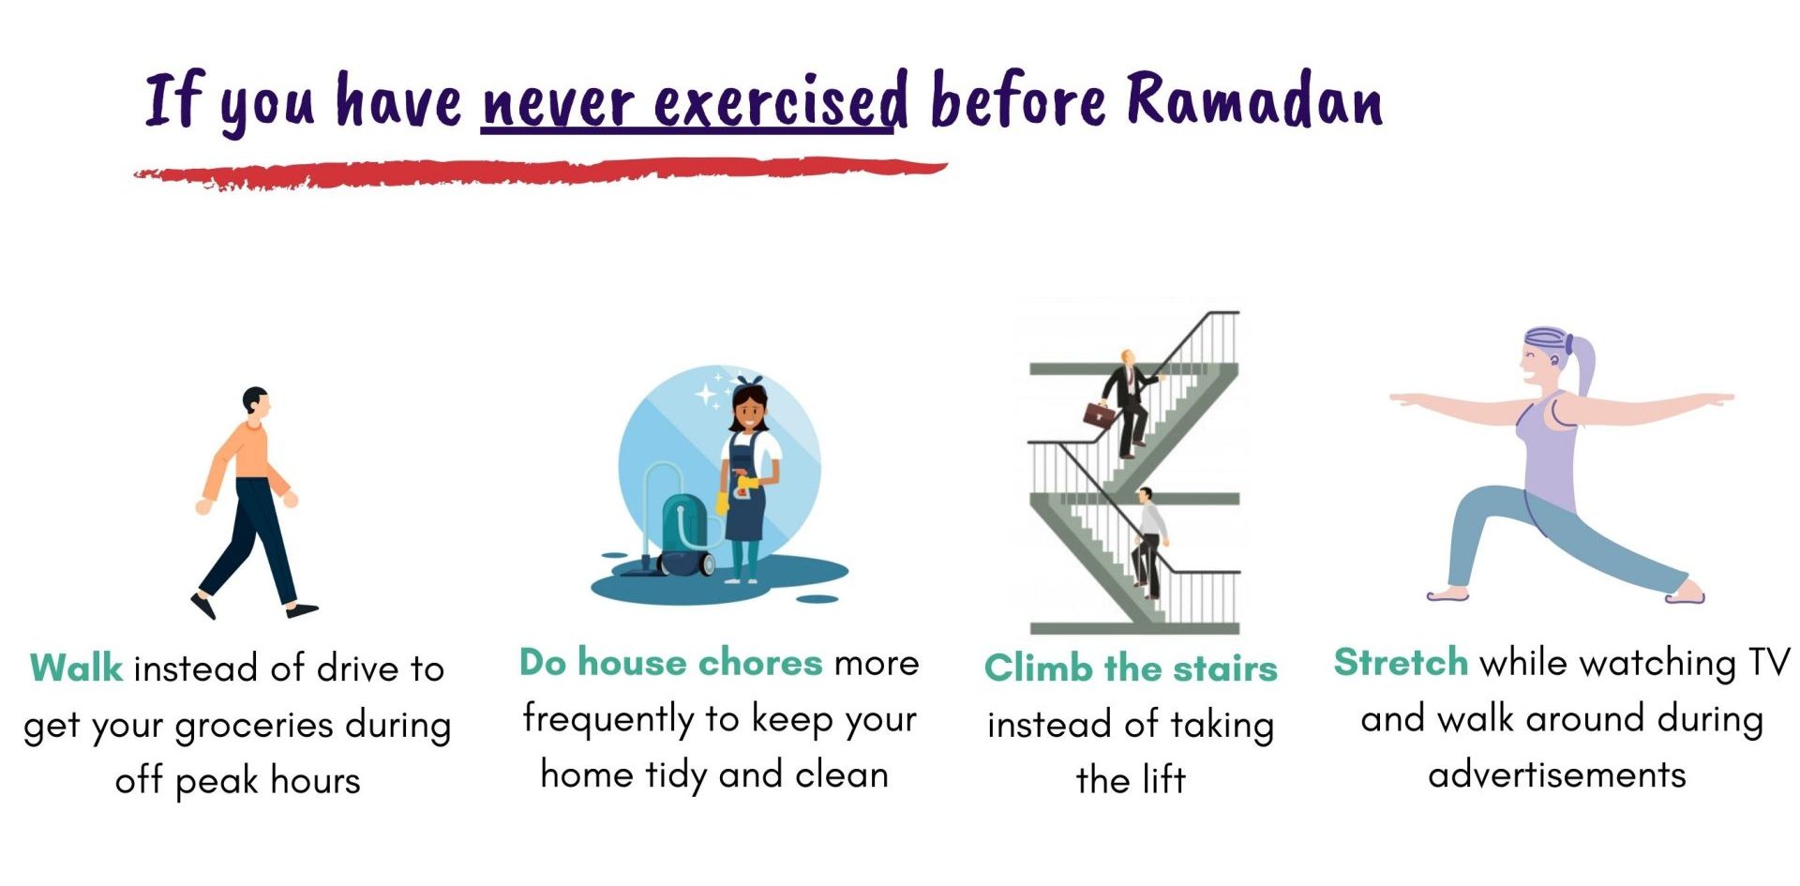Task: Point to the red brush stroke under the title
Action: [540, 173]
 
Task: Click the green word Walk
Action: [76, 668]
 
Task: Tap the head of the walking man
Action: [256, 401]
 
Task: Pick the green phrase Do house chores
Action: [670, 662]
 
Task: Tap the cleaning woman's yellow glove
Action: [748, 486]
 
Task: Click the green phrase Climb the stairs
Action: [1131, 668]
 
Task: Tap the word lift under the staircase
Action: [1162, 779]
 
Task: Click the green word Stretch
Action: [1401, 662]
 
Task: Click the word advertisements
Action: [1556, 775]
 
